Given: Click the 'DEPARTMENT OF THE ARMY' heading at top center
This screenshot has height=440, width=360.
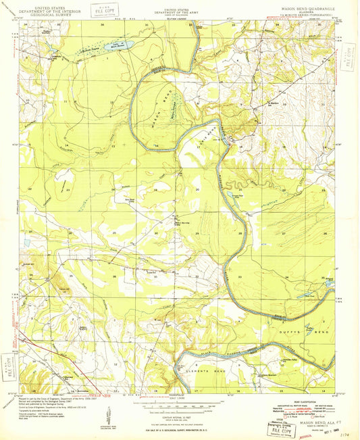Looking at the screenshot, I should (x=180, y=12).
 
